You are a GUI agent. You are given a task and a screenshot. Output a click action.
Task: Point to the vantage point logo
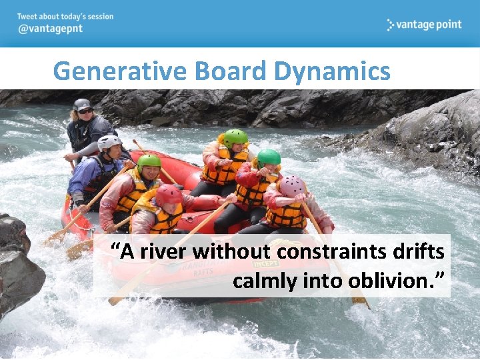424,25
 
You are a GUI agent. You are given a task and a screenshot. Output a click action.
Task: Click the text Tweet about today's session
65,17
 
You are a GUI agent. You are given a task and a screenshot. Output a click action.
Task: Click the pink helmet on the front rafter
291,186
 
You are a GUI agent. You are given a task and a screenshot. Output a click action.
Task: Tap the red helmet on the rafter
168,195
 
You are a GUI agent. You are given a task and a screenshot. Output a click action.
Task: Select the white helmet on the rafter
109,142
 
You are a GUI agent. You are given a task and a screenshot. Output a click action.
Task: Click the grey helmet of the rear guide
82,104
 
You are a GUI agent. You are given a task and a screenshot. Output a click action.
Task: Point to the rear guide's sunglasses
85,111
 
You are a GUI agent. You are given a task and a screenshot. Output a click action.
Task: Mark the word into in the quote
323,281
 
